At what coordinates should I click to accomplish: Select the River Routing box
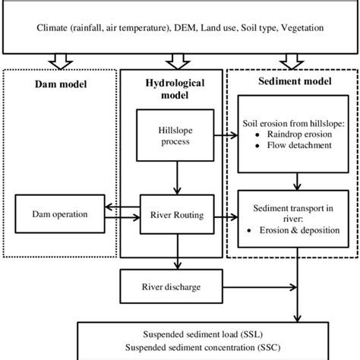(x=177, y=215)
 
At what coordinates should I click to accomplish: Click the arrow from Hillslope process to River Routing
(x=177, y=179)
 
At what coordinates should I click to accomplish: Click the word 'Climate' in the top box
(x=53, y=28)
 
